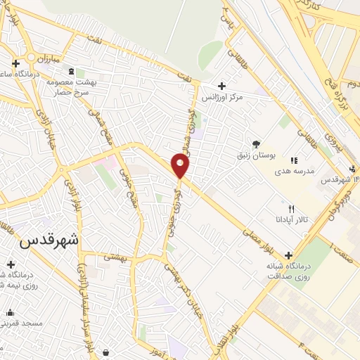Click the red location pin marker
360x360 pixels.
[x=181, y=166]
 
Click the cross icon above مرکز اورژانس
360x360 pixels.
[x=222, y=85]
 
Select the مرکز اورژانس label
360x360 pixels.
[x=222, y=97]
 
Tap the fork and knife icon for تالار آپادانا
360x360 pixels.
[x=291, y=209]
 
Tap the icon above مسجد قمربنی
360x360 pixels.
[x=10, y=312]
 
